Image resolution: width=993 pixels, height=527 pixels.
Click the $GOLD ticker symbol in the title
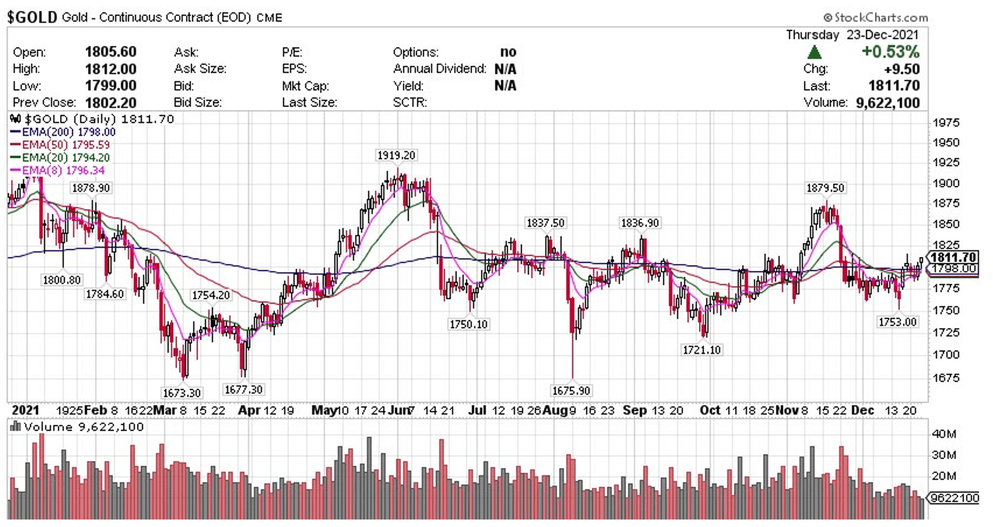tap(32, 17)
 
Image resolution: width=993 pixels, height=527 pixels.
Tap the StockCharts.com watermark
tap(875, 17)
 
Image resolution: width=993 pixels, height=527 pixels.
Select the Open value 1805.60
tap(110, 52)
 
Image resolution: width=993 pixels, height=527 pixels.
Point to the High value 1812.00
tap(110, 69)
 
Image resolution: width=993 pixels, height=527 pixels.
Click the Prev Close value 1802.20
tap(110, 102)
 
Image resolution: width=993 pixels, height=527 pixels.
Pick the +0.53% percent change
tap(890, 51)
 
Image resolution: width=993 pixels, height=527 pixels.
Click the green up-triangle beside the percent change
tap(814, 52)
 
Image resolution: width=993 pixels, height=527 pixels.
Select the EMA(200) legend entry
tap(63, 132)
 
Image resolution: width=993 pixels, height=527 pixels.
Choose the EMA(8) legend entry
tap(57, 170)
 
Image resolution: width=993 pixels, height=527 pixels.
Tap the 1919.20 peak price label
tap(396, 155)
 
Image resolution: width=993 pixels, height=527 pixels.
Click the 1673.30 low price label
tap(181, 393)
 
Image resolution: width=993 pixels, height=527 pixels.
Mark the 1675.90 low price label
tap(570, 390)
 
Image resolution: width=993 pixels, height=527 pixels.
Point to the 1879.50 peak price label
tap(825, 188)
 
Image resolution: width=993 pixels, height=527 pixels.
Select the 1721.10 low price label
tap(701, 350)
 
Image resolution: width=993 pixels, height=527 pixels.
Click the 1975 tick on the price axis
tap(946, 123)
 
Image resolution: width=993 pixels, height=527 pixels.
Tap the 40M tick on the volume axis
tap(944, 434)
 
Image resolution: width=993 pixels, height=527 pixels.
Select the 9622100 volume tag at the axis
tap(954, 498)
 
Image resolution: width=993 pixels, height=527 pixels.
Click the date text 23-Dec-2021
tap(882, 34)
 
